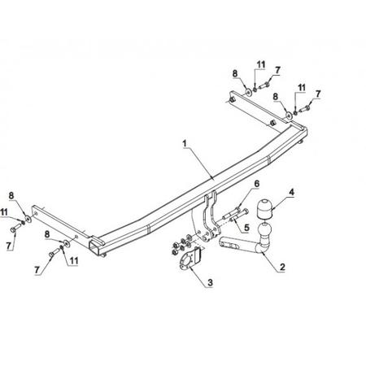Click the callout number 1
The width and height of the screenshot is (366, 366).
(x=185, y=143)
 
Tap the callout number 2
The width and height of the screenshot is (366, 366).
(x=282, y=267)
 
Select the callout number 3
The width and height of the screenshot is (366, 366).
(x=210, y=283)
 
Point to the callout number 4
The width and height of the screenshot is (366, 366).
(x=291, y=192)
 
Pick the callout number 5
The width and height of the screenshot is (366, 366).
(x=246, y=228)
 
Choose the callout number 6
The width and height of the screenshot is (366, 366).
(x=256, y=184)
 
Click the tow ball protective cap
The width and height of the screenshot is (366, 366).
(x=266, y=209)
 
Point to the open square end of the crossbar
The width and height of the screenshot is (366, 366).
(x=94, y=246)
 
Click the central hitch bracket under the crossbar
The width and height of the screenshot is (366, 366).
(x=211, y=217)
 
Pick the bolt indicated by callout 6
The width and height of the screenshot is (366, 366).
(x=235, y=212)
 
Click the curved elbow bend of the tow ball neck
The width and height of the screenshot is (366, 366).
(x=261, y=247)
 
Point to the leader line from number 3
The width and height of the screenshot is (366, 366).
(x=199, y=274)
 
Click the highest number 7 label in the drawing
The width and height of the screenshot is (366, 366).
(x=277, y=70)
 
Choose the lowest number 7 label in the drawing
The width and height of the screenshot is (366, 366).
(x=37, y=270)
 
